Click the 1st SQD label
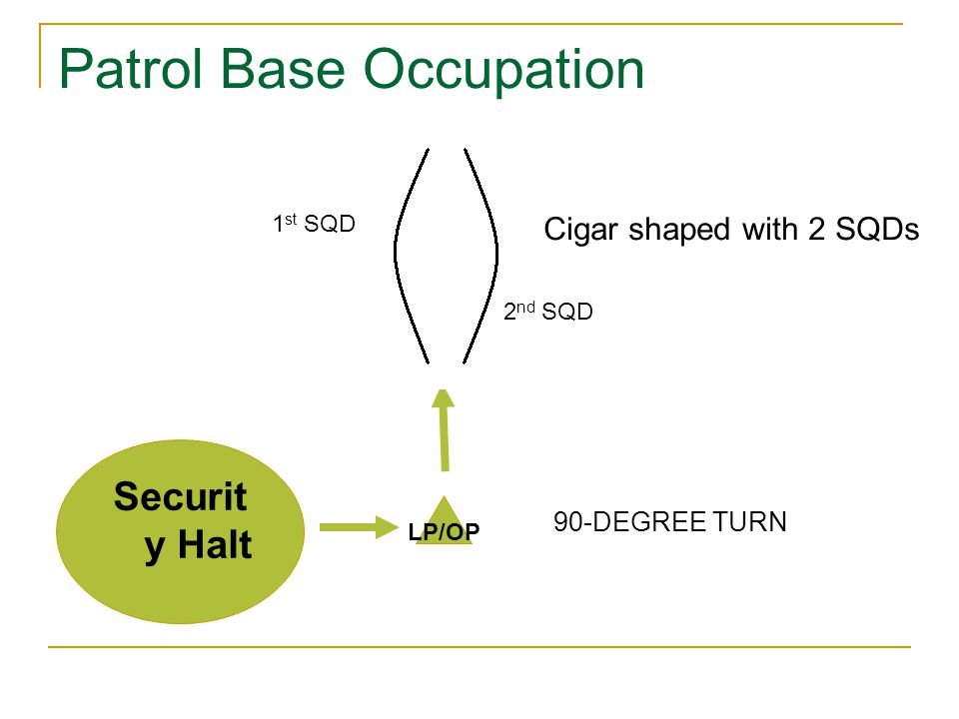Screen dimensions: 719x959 314,225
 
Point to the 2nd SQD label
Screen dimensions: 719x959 548,312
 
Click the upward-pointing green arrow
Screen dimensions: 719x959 444,429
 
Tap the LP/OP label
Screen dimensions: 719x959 445,533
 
